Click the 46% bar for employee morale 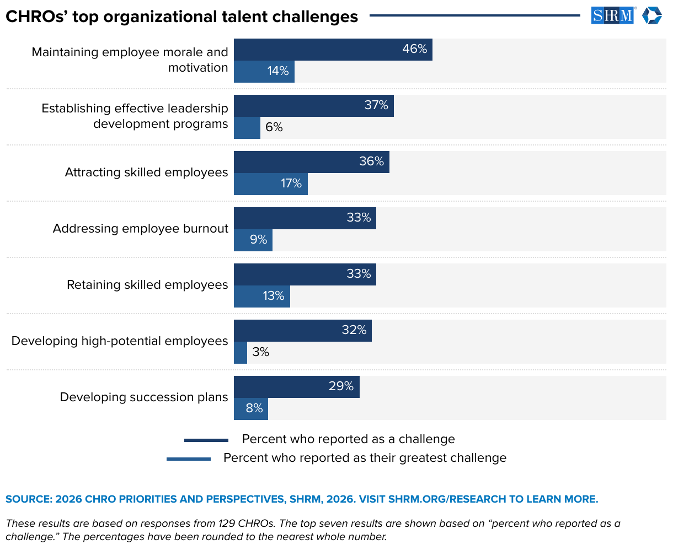click(333, 50)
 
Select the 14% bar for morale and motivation click(264, 72)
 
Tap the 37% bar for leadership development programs click(313, 106)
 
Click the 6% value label click(274, 127)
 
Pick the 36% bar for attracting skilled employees click(311, 162)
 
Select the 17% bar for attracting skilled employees click(270, 184)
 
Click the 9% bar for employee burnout click(253, 240)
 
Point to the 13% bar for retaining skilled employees click(261, 296)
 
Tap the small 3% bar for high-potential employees click(240, 353)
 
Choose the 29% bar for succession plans click(296, 387)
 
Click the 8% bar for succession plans click(250, 409)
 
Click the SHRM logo click(612, 15)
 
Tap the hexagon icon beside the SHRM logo click(651, 15)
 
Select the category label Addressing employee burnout click(140, 229)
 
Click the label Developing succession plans click(143, 397)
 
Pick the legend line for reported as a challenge click(206, 440)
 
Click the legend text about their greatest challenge click(365, 458)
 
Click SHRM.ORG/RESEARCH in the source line click(447, 499)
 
